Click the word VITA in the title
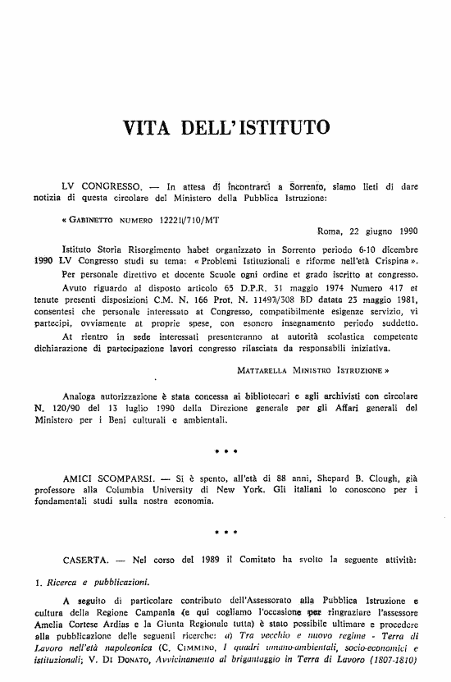(148, 128)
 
